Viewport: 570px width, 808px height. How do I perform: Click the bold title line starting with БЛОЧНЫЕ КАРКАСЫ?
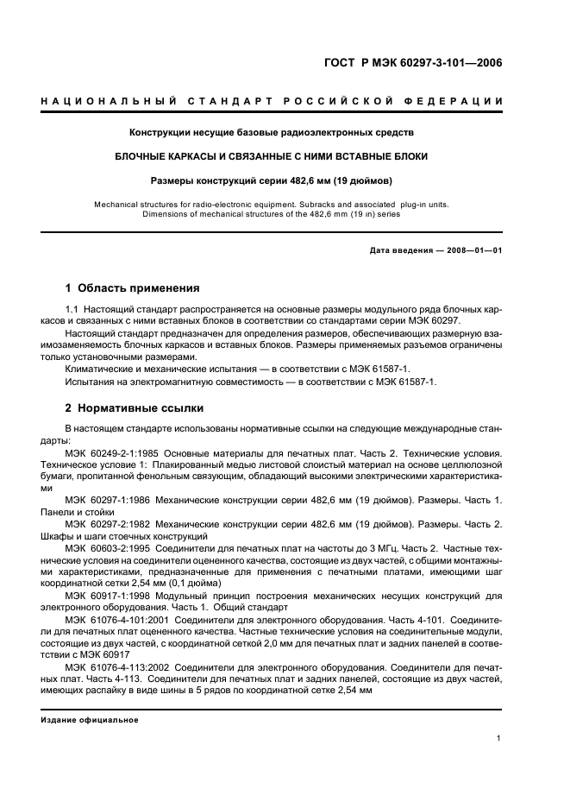tap(272, 156)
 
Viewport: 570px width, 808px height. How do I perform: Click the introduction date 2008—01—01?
tap(473, 250)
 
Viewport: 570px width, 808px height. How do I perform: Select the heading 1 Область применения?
tap(133, 288)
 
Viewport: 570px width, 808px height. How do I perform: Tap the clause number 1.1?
tap(72, 310)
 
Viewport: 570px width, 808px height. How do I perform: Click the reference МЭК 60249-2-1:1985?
tap(111, 452)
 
